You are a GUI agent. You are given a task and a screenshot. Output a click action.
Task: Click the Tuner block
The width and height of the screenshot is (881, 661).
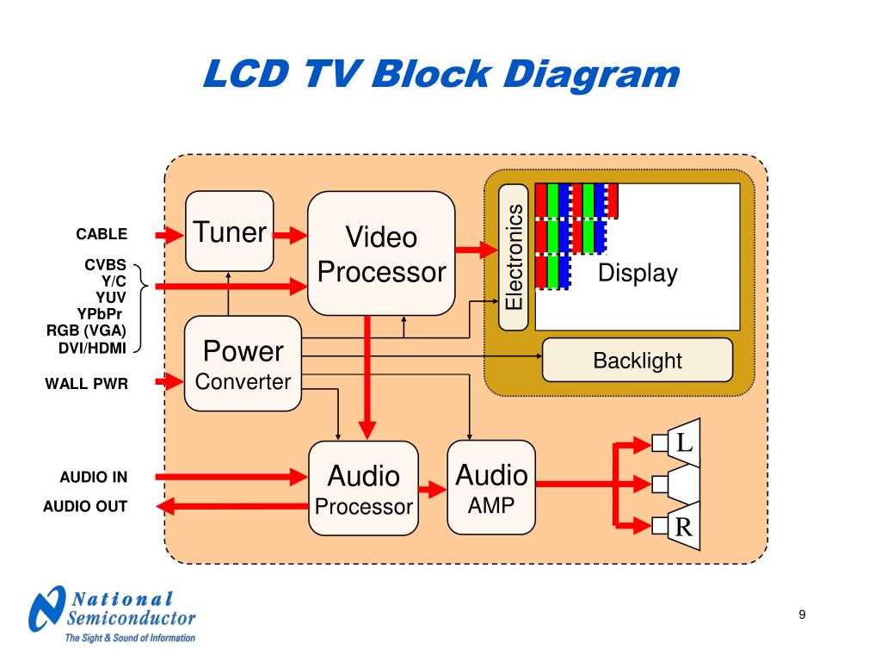230,231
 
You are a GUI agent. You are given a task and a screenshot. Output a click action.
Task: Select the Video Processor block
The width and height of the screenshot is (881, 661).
381,253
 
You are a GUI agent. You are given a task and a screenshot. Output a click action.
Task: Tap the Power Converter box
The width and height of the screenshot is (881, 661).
243,363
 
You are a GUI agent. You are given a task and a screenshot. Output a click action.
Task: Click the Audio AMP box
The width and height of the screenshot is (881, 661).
491,487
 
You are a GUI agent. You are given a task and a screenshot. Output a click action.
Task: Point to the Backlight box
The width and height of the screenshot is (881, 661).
637,360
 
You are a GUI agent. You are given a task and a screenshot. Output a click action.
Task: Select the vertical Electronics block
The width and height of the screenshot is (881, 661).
514,257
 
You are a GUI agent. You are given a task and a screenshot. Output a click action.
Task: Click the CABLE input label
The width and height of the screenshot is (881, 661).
102,234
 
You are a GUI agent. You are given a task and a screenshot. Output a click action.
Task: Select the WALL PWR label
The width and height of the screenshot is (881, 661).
86,384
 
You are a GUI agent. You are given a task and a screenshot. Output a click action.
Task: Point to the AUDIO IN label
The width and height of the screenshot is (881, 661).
93,477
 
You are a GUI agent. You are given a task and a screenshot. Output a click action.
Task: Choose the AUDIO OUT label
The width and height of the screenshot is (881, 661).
85,506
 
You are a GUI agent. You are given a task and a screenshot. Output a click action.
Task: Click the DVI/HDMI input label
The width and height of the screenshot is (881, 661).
92,348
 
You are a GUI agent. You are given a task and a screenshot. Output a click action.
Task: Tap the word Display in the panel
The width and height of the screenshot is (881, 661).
638,274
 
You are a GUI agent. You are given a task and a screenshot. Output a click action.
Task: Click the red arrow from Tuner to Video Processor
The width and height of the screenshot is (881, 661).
291,234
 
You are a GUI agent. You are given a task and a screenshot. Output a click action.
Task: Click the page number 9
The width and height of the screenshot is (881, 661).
802,614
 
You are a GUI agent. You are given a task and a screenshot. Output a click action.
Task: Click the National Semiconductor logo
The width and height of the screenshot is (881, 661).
112,614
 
